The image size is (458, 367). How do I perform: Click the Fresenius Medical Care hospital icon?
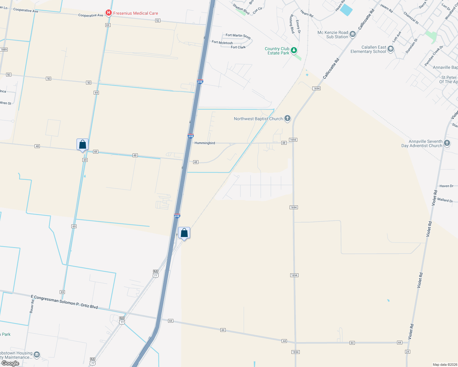(108, 13)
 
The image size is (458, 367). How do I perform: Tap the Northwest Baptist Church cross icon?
(287, 118)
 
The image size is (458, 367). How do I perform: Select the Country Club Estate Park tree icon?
(294, 50)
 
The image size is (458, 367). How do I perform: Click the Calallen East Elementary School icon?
(390, 49)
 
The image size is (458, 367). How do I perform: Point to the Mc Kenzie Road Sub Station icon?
(353, 34)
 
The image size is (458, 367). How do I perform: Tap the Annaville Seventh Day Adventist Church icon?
(447, 143)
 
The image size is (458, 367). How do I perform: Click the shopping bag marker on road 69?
(82, 145)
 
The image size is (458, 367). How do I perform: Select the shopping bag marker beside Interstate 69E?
(184, 233)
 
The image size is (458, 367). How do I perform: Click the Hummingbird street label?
(205, 143)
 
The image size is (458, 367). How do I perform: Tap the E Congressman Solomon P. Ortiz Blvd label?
(64, 302)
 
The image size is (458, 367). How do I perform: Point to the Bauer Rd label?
(32, 306)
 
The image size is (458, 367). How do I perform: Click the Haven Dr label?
(446, 186)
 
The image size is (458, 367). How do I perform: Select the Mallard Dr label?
(445, 200)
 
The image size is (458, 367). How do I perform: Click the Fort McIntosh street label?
(222, 43)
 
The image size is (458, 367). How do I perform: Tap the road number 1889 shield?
(4, 50)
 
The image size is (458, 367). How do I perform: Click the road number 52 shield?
(158, 20)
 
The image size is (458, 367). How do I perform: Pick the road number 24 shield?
(407, 352)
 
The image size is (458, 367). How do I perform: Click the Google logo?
(10, 363)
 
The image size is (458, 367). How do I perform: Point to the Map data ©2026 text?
(445, 365)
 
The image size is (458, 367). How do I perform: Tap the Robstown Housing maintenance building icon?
(37, 355)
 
